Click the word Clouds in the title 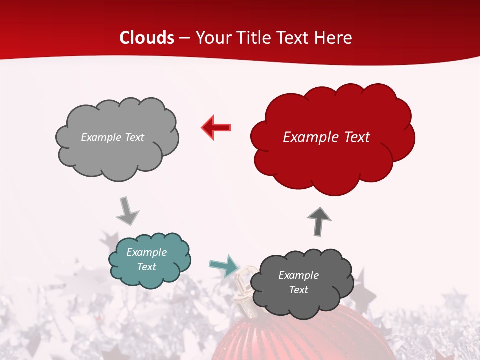click(x=147, y=38)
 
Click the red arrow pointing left click(x=216, y=127)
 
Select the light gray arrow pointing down click(x=127, y=211)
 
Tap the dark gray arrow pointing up click(x=319, y=220)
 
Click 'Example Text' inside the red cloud click(x=326, y=137)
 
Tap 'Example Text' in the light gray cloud click(x=112, y=137)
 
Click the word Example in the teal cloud click(x=146, y=252)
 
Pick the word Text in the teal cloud click(x=146, y=267)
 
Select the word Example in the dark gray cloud click(x=298, y=275)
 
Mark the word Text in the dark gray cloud click(x=298, y=290)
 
